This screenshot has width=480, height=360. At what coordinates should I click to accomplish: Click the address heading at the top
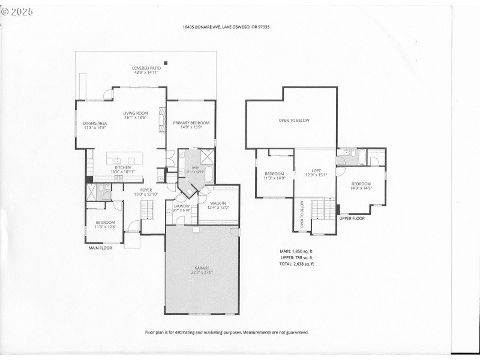[x=226, y=27]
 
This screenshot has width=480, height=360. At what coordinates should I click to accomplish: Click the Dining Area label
[x=94, y=125]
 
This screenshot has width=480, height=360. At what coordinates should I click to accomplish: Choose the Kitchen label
[x=122, y=170]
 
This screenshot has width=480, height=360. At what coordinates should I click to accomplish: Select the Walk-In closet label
[x=218, y=206]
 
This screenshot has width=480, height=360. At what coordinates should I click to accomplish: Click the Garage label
[x=203, y=270]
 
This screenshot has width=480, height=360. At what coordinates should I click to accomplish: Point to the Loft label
[x=316, y=173]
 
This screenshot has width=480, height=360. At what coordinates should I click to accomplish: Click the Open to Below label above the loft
[x=294, y=121]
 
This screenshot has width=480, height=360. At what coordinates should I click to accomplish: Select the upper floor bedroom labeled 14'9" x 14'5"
[x=361, y=186]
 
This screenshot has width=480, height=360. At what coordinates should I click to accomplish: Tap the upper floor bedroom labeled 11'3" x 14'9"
[x=274, y=176]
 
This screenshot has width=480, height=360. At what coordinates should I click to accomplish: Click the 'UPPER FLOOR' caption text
[x=352, y=218]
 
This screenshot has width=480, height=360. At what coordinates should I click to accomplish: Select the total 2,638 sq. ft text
[x=296, y=264]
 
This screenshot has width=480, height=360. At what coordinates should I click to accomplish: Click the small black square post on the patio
[x=167, y=63]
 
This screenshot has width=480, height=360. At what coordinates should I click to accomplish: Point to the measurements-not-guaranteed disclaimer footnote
[x=227, y=332]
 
